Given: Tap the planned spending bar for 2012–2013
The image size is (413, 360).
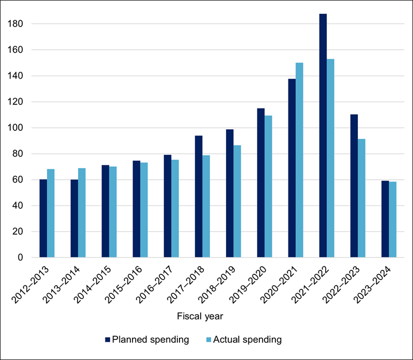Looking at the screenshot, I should tap(43, 218).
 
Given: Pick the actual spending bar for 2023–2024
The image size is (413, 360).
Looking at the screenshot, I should tap(392, 219).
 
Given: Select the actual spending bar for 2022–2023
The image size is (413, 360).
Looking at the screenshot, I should tap(361, 198).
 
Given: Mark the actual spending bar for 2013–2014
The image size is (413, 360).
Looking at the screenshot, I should tap(81, 212).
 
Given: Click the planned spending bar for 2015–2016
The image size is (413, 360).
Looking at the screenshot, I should tap(137, 209).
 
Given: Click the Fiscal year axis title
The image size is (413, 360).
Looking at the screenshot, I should tap(200, 316).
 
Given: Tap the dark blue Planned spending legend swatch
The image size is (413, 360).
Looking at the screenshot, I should tap(107, 340).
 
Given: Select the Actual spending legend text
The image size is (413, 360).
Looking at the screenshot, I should tap(247, 340).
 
